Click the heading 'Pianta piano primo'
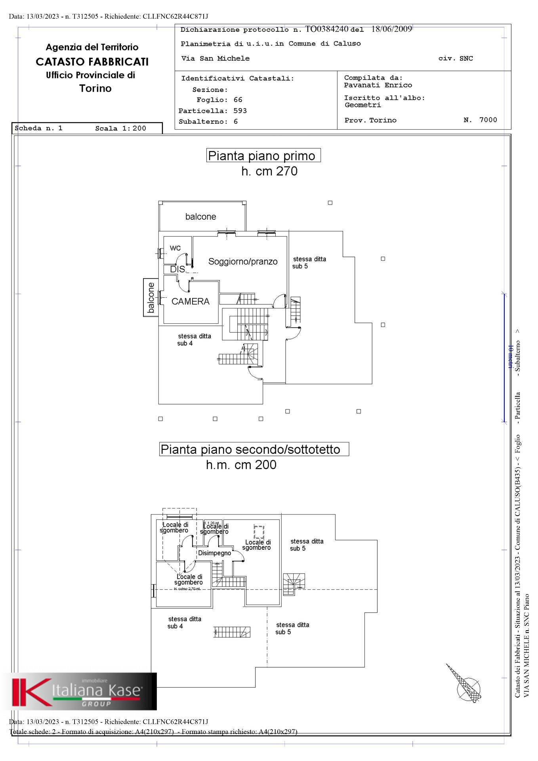pyautogui.click(x=261, y=156)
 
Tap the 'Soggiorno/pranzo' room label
pyautogui.click(x=243, y=262)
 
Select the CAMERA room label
pyautogui.click(x=190, y=302)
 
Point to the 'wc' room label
pyautogui.click(x=175, y=248)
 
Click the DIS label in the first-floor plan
pyautogui.click(x=177, y=269)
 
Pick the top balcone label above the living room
pyautogui.click(x=200, y=217)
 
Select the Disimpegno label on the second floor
pyautogui.click(x=214, y=553)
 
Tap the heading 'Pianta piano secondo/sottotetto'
pyautogui.click(x=250, y=449)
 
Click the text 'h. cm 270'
pyautogui.click(x=269, y=171)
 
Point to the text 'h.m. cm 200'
pyautogui.click(x=241, y=465)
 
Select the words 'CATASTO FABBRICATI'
pyautogui.click(x=92, y=62)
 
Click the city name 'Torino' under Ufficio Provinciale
pyautogui.click(x=95, y=88)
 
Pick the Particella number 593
pyautogui.click(x=240, y=111)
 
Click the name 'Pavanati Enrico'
pyautogui.click(x=378, y=85)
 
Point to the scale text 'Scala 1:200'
pyautogui.click(x=120, y=128)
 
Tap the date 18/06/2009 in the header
pyautogui.click(x=391, y=29)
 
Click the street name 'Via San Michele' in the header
pyautogui.click(x=216, y=59)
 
